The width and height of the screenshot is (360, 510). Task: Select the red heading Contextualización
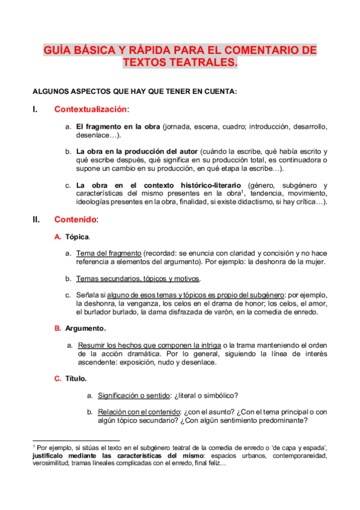(x=91, y=109)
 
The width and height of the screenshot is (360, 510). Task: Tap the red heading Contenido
(x=75, y=220)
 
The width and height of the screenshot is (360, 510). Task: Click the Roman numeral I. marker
(x=35, y=109)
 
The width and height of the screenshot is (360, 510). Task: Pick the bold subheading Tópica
(x=78, y=238)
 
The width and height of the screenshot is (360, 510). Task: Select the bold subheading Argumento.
(x=85, y=328)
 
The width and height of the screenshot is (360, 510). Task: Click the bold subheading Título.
(x=76, y=378)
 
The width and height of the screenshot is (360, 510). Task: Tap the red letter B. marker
(x=58, y=328)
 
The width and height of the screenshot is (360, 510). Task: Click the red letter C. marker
(x=58, y=378)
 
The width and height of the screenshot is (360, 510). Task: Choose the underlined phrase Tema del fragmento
(x=109, y=253)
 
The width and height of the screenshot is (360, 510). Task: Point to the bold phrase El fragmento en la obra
(x=118, y=127)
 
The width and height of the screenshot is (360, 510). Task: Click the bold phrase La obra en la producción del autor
(x=136, y=151)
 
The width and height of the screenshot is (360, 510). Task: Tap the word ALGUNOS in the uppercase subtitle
(x=50, y=91)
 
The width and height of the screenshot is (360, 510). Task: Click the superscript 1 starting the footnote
(x=34, y=446)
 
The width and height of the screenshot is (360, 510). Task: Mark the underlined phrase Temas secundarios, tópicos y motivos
(x=138, y=278)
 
